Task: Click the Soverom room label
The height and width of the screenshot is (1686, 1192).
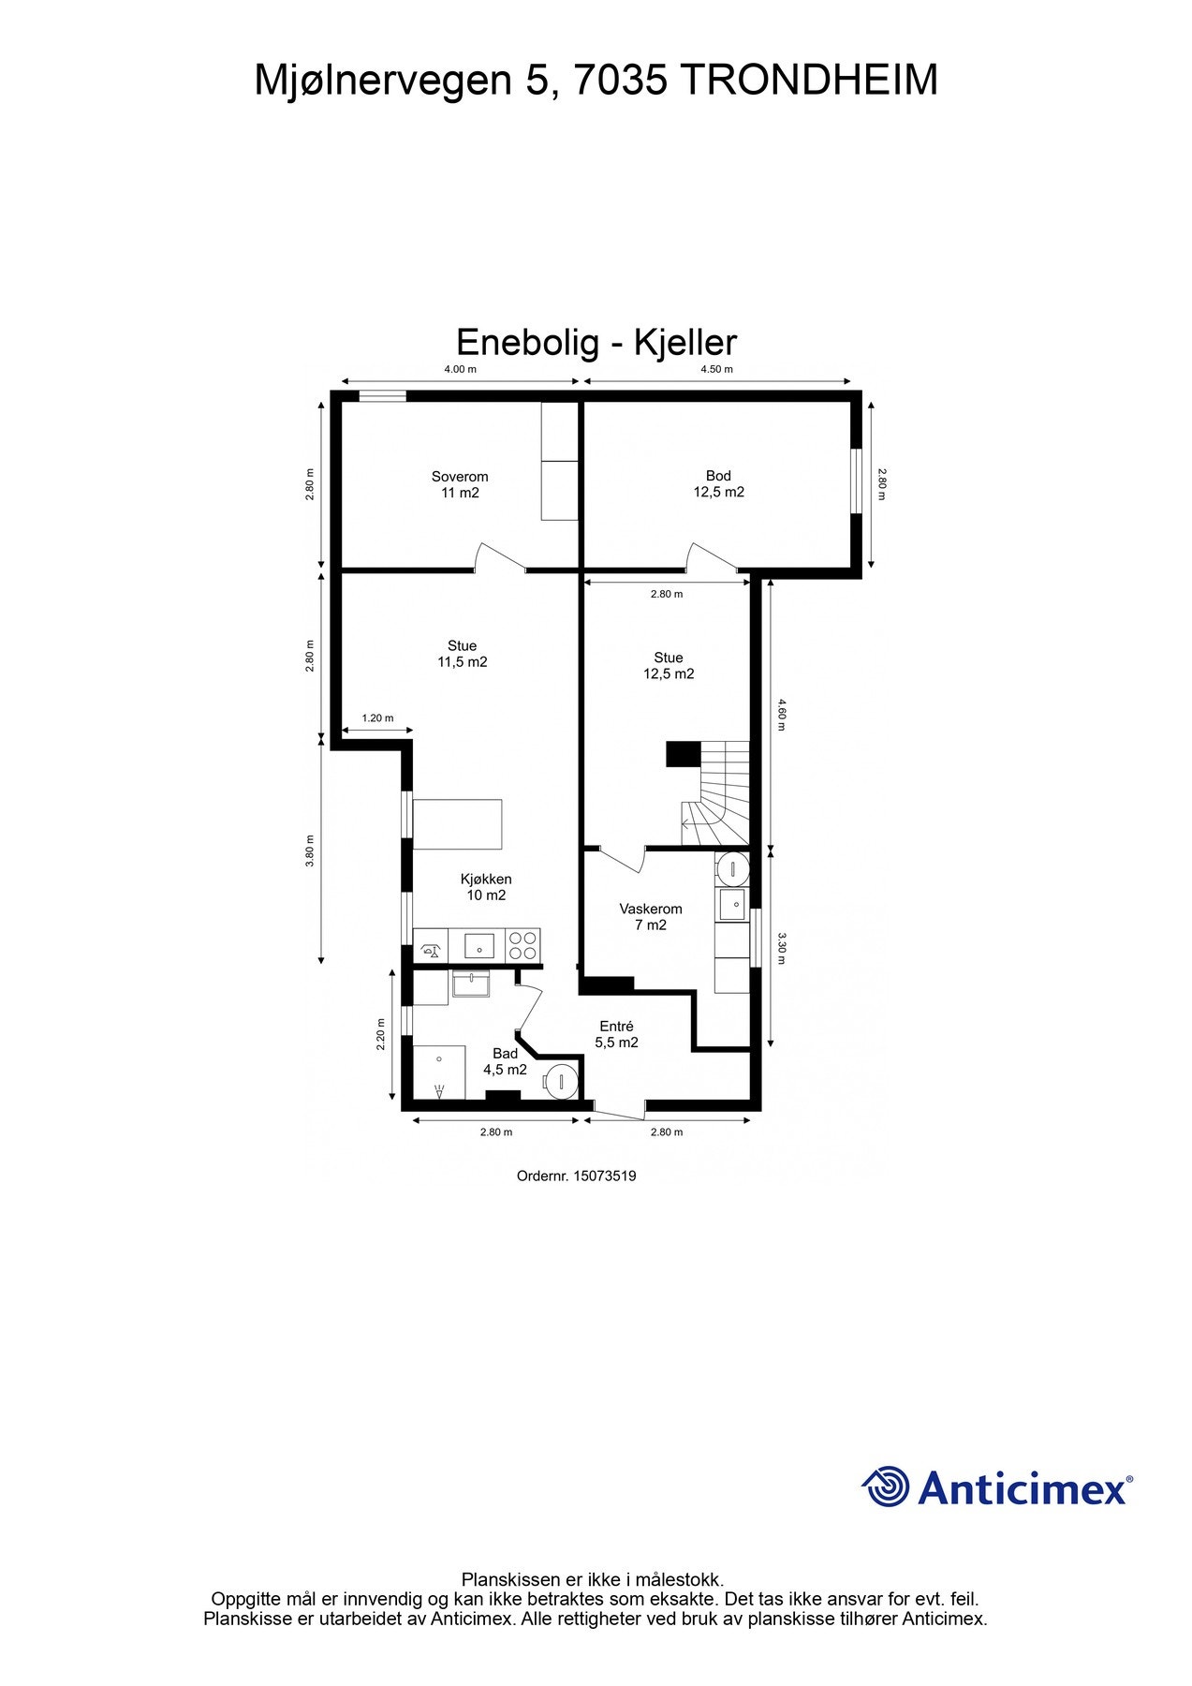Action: coord(460,484)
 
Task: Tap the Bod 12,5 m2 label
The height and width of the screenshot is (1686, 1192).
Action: coord(718,484)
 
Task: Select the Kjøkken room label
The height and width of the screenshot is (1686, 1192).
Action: coord(486,887)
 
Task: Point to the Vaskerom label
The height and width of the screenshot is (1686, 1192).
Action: coord(650,917)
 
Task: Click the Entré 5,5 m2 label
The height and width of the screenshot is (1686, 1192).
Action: coord(616,1034)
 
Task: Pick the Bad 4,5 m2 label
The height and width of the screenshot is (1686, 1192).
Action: coord(505,1061)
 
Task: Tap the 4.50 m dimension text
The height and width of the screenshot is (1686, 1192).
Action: coord(716,369)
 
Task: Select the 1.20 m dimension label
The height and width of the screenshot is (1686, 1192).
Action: coord(377,718)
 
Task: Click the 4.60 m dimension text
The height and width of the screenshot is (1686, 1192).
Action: coord(782,714)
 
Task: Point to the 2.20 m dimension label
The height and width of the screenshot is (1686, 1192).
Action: coord(380,1035)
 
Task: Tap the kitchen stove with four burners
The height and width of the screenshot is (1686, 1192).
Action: coord(522,944)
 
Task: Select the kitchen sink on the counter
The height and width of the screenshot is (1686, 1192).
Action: coord(478,944)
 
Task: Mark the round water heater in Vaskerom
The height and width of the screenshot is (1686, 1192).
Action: coord(733,868)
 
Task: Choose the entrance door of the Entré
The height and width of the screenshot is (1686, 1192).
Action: coord(618,1109)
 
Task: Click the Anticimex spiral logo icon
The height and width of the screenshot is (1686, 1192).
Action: coord(885,1486)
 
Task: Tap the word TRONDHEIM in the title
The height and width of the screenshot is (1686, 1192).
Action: coord(808,81)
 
